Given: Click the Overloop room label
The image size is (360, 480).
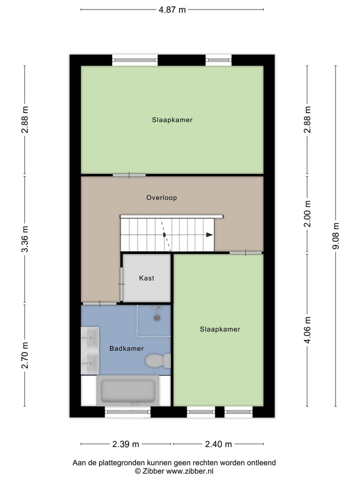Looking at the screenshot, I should [161, 197].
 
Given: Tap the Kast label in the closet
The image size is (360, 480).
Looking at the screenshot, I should [147, 278].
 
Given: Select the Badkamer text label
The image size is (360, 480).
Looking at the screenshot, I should [126, 348].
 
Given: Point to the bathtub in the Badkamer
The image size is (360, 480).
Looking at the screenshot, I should [128, 391].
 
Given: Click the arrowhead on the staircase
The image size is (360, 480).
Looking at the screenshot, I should [209, 234].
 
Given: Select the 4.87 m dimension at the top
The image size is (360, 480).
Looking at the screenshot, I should [172, 9].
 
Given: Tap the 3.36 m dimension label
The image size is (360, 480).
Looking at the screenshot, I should [25, 239].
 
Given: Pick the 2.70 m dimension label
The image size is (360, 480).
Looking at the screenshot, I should [25, 354].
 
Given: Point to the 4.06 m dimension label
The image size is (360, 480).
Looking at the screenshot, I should [308, 330].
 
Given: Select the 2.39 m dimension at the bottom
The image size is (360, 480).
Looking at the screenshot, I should [126, 444].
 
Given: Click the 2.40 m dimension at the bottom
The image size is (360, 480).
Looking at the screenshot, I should [218, 444].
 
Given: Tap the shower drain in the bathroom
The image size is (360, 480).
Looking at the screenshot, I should [157, 317].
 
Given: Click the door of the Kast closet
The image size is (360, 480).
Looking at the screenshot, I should [121, 284].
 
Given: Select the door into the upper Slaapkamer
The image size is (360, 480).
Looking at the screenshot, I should [129, 175].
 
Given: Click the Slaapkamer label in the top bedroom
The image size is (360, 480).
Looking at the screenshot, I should [172, 120].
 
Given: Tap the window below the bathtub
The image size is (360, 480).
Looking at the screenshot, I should [127, 412].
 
